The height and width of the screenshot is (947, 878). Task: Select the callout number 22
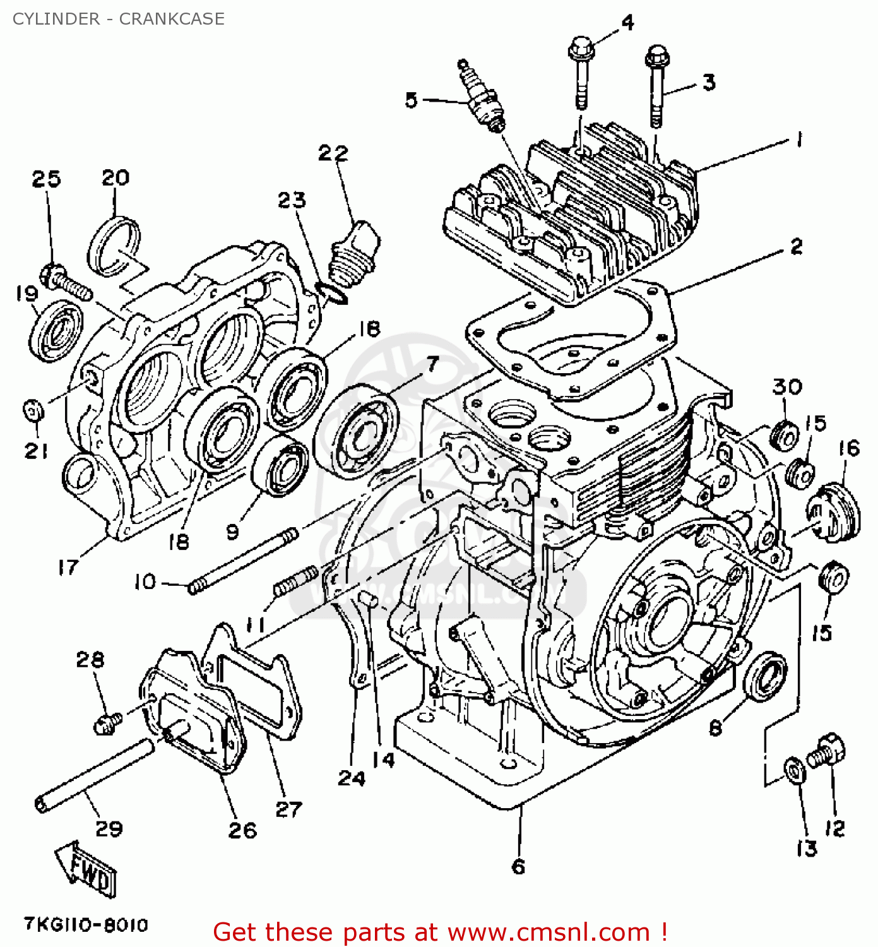[x=333, y=153]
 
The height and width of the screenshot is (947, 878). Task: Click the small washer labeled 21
[x=33, y=410]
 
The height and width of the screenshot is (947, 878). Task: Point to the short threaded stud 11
[x=296, y=581]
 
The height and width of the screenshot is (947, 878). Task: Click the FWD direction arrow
[x=86, y=871]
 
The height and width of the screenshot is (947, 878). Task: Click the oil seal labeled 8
[x=766, y=677]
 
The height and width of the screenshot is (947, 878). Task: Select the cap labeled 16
[x=833, y=511]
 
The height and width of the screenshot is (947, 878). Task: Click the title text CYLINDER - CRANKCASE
[x=118, y=19]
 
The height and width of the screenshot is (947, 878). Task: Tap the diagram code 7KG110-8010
[x=86, y=925]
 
